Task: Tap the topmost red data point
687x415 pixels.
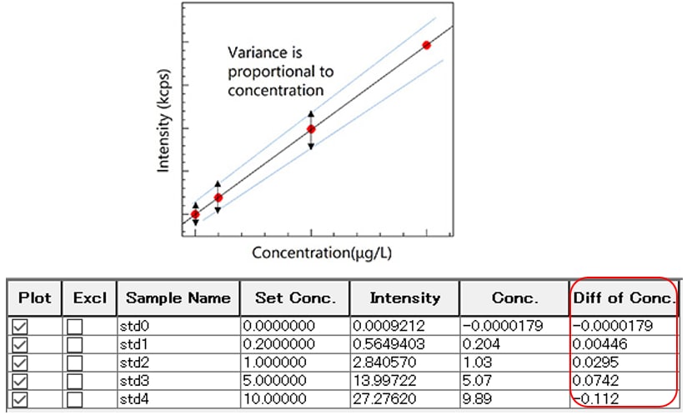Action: [x=427, y=45]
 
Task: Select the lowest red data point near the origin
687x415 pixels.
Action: [x=195, y=215]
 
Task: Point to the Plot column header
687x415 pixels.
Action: [x=34, y=297]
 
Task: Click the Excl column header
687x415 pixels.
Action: [x=89, y=297]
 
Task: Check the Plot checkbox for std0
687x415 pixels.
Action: [x=20, y=327]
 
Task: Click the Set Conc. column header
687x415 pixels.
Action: [x=294, y=297]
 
